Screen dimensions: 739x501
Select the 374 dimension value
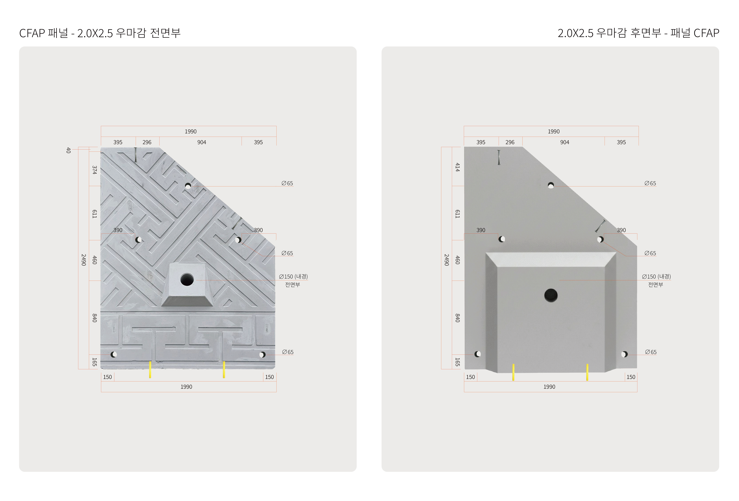[94, 170]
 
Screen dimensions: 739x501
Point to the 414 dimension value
[458, 167]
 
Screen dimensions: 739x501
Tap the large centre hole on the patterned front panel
[187, 279]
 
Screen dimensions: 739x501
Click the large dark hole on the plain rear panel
[551, 295]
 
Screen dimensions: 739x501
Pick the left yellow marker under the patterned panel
[150, 369]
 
